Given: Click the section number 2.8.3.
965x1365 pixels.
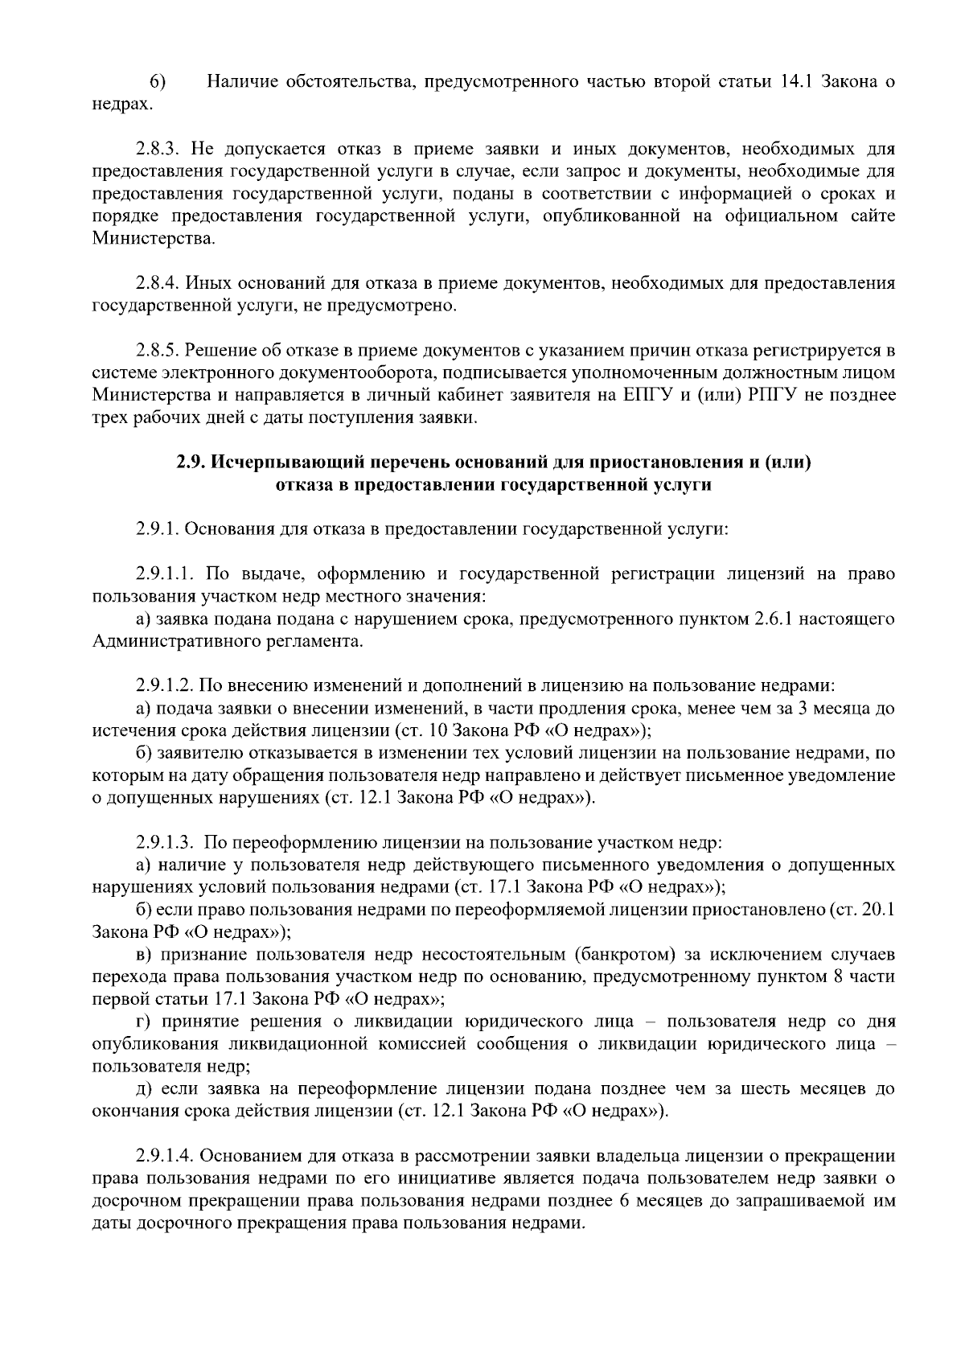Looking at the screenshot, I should [x=160, y=150].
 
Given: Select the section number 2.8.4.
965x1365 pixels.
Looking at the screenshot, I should [x=160, y=283].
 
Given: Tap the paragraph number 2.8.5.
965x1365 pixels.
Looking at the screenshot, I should [x=160, y=351].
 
